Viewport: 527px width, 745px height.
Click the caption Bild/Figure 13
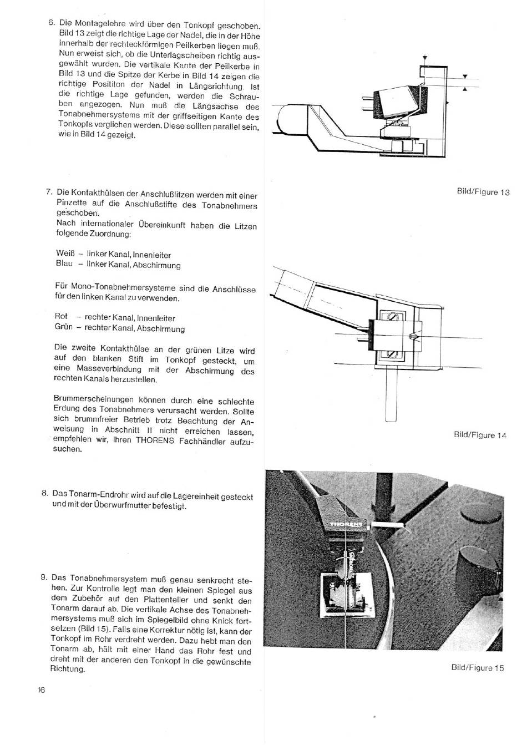(483, 192)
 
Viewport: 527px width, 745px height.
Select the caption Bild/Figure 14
(480, 435)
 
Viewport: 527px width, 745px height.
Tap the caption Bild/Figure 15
(478, 667)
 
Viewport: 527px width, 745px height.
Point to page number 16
(41, 690)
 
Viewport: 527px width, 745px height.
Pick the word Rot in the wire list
(61, 316)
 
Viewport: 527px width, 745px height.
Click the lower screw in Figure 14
(391, 354)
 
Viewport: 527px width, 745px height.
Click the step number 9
(43, 577)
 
